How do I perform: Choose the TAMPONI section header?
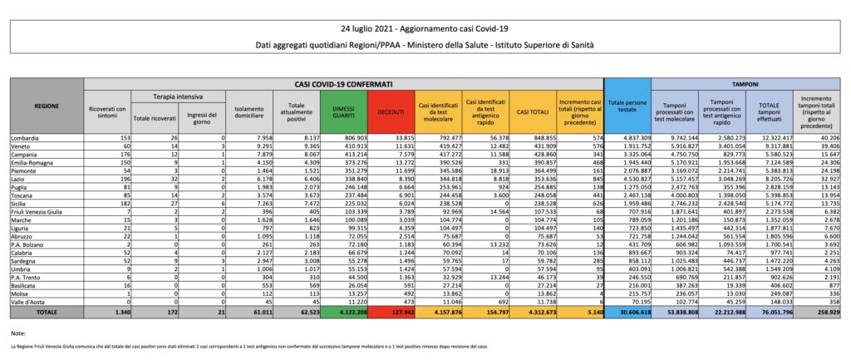(x=750, y=85)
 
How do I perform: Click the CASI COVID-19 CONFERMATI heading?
(x=344, y=85)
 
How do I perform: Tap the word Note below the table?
(x=17, y=333)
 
